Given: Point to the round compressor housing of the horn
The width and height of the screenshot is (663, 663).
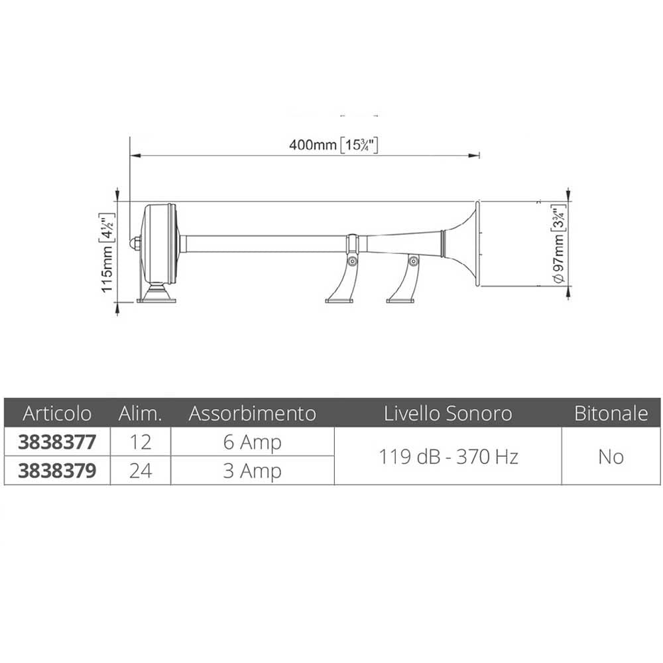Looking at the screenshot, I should coord(160,243).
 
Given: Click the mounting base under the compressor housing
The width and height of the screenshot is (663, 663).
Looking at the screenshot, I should coord(157,295).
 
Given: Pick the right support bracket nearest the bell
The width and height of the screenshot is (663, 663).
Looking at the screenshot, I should coord(405,282).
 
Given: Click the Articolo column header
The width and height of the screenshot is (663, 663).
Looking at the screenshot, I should coord(57,414).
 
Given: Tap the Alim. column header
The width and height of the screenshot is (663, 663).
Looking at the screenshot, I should coord(141,414).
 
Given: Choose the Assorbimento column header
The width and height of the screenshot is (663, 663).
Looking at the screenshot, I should coord(252,414).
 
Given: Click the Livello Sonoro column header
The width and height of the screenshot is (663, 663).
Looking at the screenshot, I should coord(448,414).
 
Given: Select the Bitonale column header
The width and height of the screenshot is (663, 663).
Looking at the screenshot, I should coord(611,414).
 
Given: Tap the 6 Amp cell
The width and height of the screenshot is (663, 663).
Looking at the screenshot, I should coord(252,442).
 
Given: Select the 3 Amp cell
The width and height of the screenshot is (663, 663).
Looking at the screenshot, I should coord(252,471).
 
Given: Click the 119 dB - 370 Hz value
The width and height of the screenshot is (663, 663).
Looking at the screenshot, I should coord(448,456).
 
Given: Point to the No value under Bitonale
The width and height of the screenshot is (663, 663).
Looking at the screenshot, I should coord(611,456).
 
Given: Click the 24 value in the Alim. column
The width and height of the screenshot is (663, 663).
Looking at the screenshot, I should coord(141,471).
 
